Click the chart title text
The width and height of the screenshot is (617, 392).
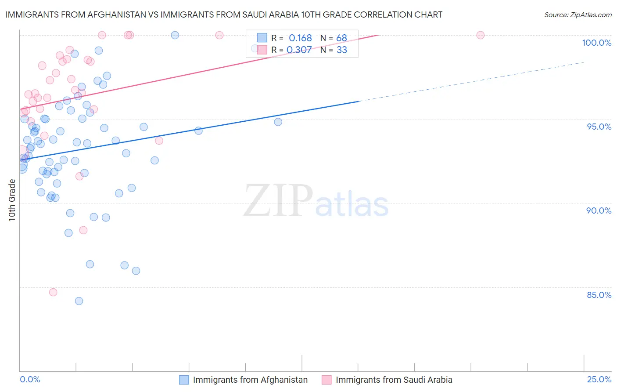(224, 15)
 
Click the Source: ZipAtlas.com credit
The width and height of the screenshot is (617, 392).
(578, 15)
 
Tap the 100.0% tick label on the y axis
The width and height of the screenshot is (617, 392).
(596, 43)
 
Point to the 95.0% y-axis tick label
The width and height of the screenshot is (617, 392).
(599, 127)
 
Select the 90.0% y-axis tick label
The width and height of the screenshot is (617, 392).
(599, 211)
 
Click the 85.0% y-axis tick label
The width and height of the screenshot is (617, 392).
(599, 295)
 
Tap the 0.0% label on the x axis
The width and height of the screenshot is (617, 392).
(30, 379)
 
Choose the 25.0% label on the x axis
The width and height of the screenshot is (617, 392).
(599, 379)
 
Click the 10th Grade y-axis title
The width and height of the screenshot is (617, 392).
(12, 200)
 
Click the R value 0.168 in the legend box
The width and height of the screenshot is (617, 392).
(300, 38)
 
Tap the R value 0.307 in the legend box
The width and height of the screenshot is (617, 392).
(299, 50)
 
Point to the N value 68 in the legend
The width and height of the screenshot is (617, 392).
(341, 38)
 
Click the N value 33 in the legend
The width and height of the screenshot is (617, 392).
(341, 50)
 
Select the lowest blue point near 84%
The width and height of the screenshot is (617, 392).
(79, 301)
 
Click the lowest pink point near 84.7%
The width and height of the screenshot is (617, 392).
(53, 292)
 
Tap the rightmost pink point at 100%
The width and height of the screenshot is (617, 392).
(481, 35)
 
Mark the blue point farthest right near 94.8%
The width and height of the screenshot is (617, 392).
(278, 122)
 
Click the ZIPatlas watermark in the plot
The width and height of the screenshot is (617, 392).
(316, 202)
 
